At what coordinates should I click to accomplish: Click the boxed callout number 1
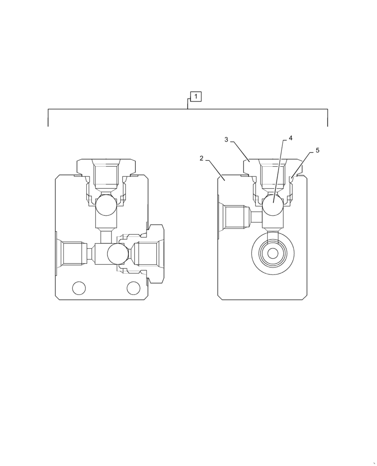tap(196, 96)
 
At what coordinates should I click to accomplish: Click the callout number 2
tap(202, 158)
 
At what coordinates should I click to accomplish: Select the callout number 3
tap(226, 140)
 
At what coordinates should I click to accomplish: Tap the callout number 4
tap(290, 138)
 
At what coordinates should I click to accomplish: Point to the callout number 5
tap(317, 151)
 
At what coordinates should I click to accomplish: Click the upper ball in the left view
tap(106, 205)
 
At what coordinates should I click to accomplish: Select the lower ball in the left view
tap(118, 254)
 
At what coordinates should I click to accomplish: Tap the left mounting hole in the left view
tap(79, 288)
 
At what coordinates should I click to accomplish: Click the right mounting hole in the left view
tap(133, 288)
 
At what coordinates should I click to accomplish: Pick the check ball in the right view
tap(272, 205)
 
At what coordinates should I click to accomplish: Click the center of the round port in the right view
tap(273, 254)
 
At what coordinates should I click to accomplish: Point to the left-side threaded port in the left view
tap(72, 254)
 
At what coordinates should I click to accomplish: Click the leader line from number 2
tap(216, 171)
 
